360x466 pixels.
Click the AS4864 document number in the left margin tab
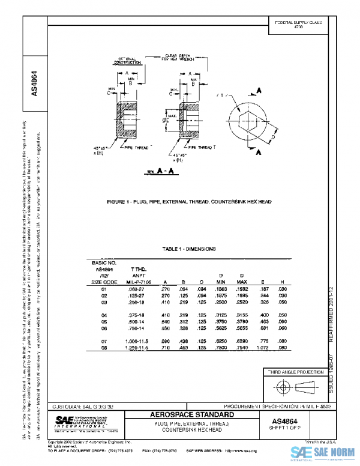34,83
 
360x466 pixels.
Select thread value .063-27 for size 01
134,289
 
